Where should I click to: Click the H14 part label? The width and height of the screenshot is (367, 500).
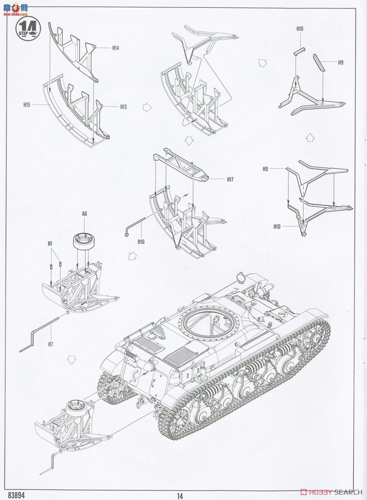(x=116, y=48)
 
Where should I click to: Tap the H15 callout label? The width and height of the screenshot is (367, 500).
(x=27, y=105)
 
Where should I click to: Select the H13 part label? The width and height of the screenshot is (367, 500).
(x=123, y=107)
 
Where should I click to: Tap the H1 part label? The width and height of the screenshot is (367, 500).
(x=50, y=243)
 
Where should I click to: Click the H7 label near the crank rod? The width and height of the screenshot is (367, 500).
(x=50, y=344)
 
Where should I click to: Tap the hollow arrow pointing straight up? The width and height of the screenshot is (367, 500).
(x=309, y=138)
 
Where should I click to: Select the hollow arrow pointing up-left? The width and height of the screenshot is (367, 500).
(x=263, y=63)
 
